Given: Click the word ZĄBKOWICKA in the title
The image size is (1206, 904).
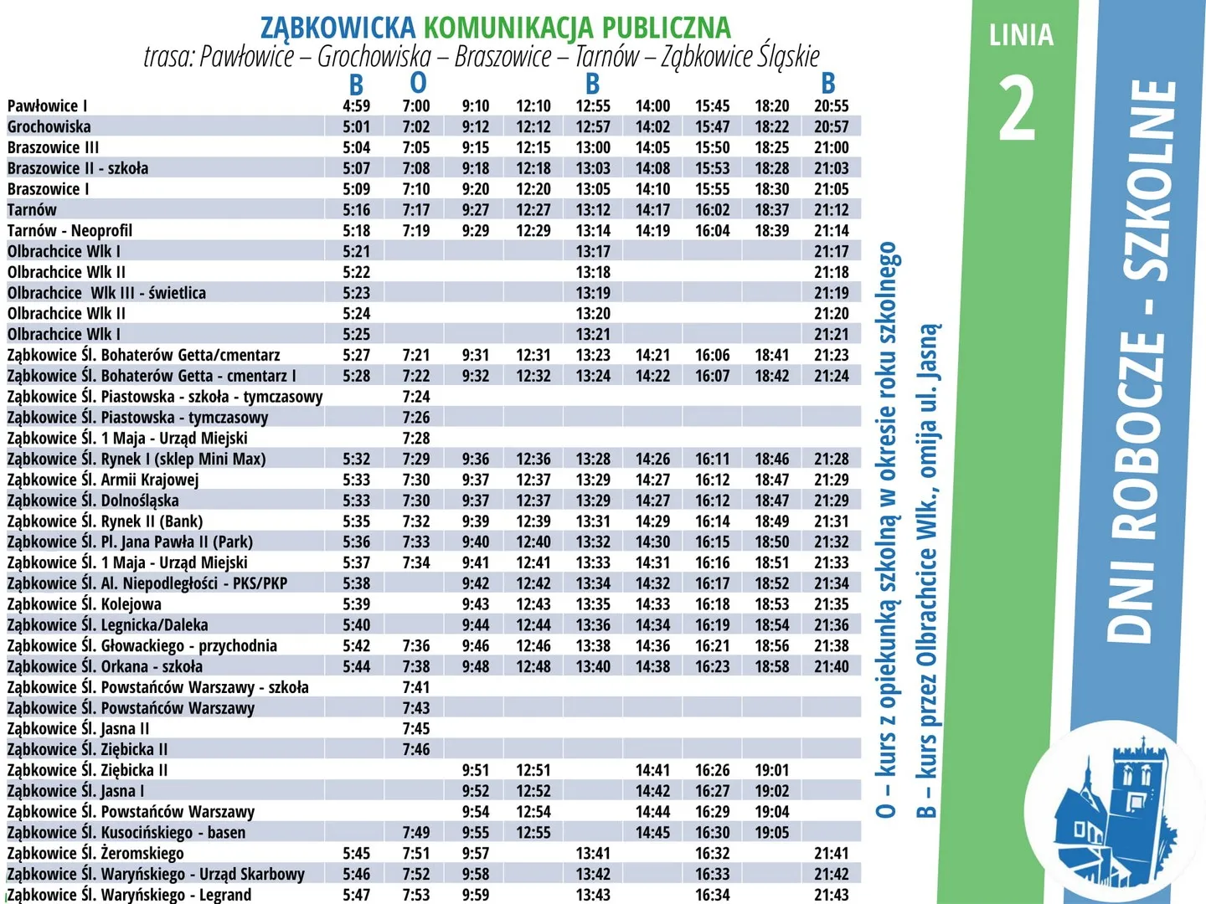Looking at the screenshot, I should coord(338,28).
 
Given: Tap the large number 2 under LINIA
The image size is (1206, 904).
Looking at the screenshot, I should coord(1018,109).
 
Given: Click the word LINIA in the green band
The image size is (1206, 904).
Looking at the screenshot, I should coord(1021,36).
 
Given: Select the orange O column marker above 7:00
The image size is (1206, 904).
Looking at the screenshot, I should coord(418,83).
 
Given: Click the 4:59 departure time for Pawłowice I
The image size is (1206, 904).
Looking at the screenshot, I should coord(356,106).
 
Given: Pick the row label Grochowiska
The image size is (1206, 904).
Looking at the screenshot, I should coord(49,127).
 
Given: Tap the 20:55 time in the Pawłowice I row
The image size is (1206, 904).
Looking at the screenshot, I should coord(831,106).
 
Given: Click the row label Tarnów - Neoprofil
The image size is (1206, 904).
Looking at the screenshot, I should coord(70,231).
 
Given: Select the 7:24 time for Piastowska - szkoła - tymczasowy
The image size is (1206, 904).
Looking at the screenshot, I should coord(415,397).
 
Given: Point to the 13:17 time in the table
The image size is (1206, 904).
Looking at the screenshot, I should coord(593,252).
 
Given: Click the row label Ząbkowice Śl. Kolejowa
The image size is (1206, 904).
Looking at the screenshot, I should coord(84,604).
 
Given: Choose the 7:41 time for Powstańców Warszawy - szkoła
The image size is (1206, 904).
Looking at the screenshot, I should coord(415,687).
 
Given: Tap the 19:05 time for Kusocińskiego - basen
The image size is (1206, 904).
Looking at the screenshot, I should coord(771,833).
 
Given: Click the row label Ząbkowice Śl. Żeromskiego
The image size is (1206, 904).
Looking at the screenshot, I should coord(95,854).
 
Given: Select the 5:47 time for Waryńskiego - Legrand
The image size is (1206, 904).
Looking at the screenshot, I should coord(356,895).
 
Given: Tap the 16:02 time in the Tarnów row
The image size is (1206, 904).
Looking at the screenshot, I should coord(712,210).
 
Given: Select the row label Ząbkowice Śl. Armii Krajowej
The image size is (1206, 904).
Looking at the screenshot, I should coord(102,480).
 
